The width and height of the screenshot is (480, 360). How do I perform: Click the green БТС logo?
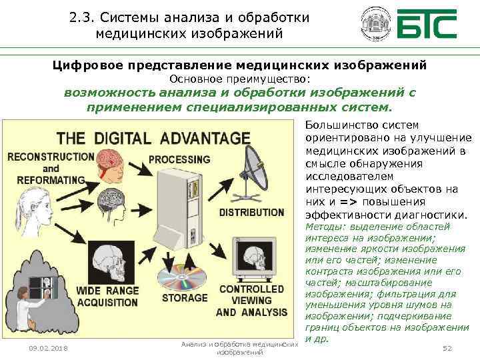tap(427, 24)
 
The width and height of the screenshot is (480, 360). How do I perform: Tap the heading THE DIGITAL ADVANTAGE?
tap(153, 139)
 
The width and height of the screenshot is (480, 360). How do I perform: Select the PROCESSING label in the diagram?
tap(179, 160)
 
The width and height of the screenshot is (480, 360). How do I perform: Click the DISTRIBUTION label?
tap(251, 213)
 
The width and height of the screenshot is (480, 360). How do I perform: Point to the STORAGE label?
tap(185, 297)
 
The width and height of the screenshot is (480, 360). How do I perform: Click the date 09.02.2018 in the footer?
tap(48, 348)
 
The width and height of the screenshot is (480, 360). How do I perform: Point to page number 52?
tap(448, 348)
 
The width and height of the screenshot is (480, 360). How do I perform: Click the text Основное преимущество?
tap(240, 79)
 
